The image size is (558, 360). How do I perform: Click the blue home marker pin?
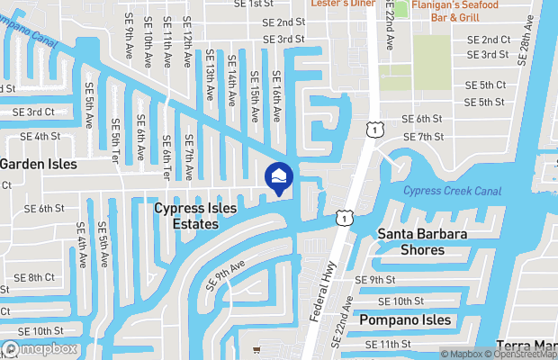point(278,177)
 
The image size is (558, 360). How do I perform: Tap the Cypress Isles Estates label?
point(195,216)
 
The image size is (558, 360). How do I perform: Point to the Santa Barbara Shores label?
point(422,242)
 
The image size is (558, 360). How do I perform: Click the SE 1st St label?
point(255,4)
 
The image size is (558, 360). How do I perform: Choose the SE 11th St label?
point(389,345)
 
